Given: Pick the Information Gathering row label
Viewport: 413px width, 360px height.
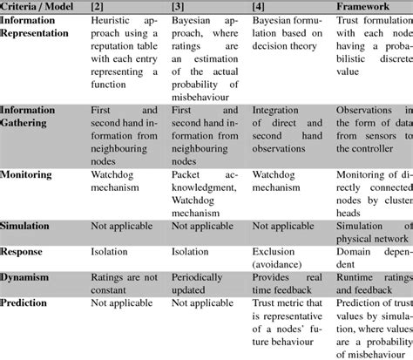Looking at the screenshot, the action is [x=40, y=116].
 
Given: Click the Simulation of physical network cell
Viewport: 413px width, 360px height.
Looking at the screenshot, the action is [x=373, y=230].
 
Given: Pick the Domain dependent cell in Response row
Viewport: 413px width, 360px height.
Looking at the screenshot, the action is [x=373, y=255].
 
